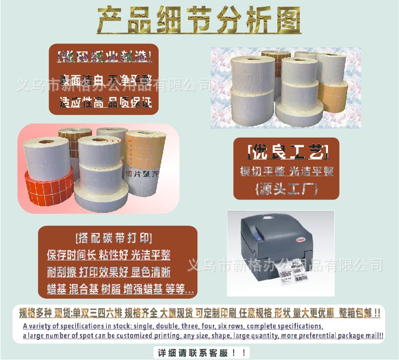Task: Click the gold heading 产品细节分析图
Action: pos(199,20)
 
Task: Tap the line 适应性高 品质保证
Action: pos(105,102)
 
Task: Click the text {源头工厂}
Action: pos(286,189)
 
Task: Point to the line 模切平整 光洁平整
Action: pos(286,171)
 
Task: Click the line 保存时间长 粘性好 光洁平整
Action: pos(109,255)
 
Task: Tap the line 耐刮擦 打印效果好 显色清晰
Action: pos(109,272)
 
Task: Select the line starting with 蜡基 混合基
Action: pos(120,289)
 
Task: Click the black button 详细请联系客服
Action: pos(202,352)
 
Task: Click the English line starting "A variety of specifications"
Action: pos(172,326)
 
